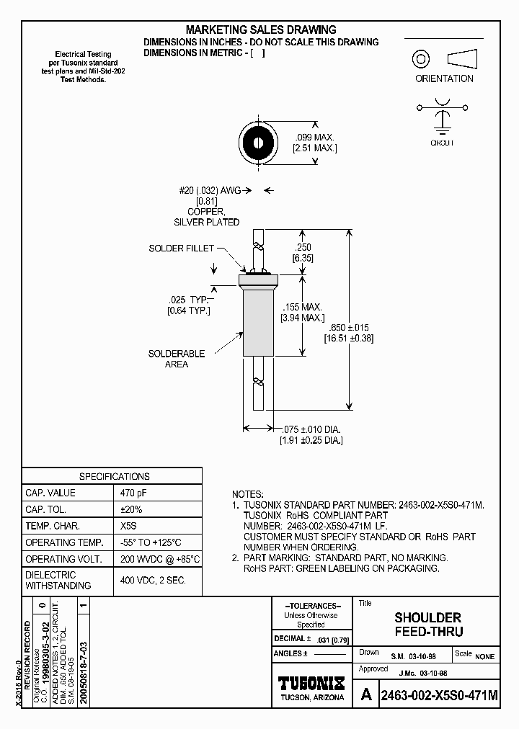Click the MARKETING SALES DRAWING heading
click(x=261, y=30)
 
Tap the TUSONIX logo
click(x=311, y=682)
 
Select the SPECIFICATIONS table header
click(x=114, y=476)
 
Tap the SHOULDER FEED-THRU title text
click(x=427, y=625)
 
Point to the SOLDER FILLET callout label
click(x=181, y=249)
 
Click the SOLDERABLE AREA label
click(x=177, y=359)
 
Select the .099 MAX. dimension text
click(x=315, y=138)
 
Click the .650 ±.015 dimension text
click(x=349, y=326)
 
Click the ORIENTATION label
click(x=444, y=79)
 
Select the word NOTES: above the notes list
click(x=248, y=494)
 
